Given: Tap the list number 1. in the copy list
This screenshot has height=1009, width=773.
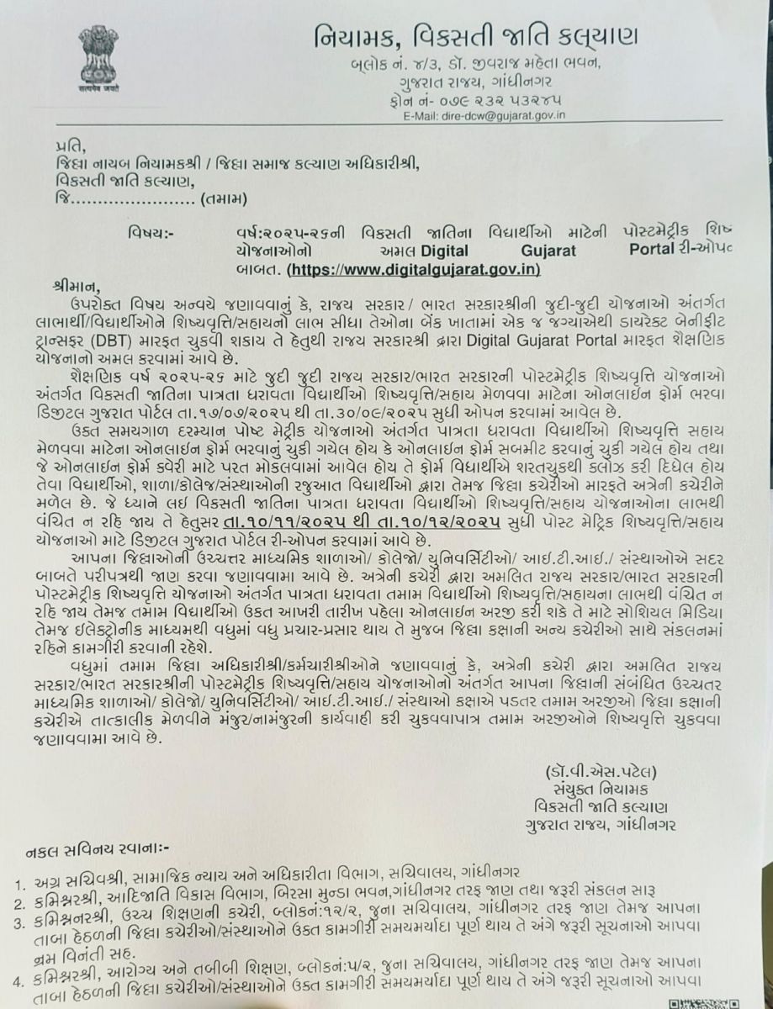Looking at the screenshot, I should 20,884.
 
